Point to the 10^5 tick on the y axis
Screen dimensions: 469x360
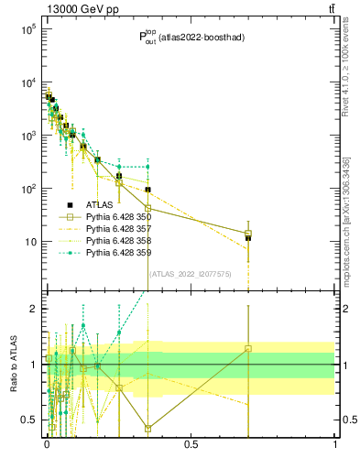28,29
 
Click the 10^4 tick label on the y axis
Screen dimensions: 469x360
28,82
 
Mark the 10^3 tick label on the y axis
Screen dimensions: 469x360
28,136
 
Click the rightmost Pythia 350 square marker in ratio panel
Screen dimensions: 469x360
248,348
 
